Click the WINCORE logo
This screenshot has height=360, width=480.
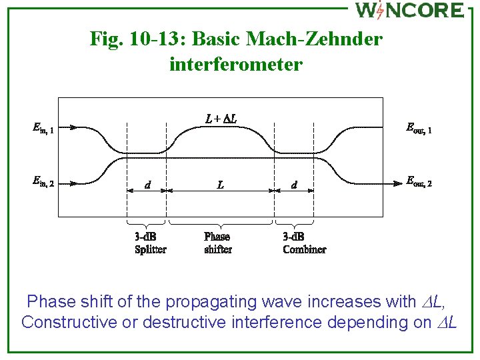(409, 10)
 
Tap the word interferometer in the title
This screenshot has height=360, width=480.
(236, 65)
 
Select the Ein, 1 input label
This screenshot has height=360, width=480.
(43, 127)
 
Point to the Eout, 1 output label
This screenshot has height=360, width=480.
(419, 127)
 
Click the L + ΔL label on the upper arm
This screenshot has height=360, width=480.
(221, 119)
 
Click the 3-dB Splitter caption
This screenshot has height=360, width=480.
(150, 243)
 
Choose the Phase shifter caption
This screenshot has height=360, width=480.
(218, 243)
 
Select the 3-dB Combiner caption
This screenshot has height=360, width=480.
(304, 243)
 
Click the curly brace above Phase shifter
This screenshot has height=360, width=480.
(221, 223)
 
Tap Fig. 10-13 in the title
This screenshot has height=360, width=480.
(138, 39)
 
